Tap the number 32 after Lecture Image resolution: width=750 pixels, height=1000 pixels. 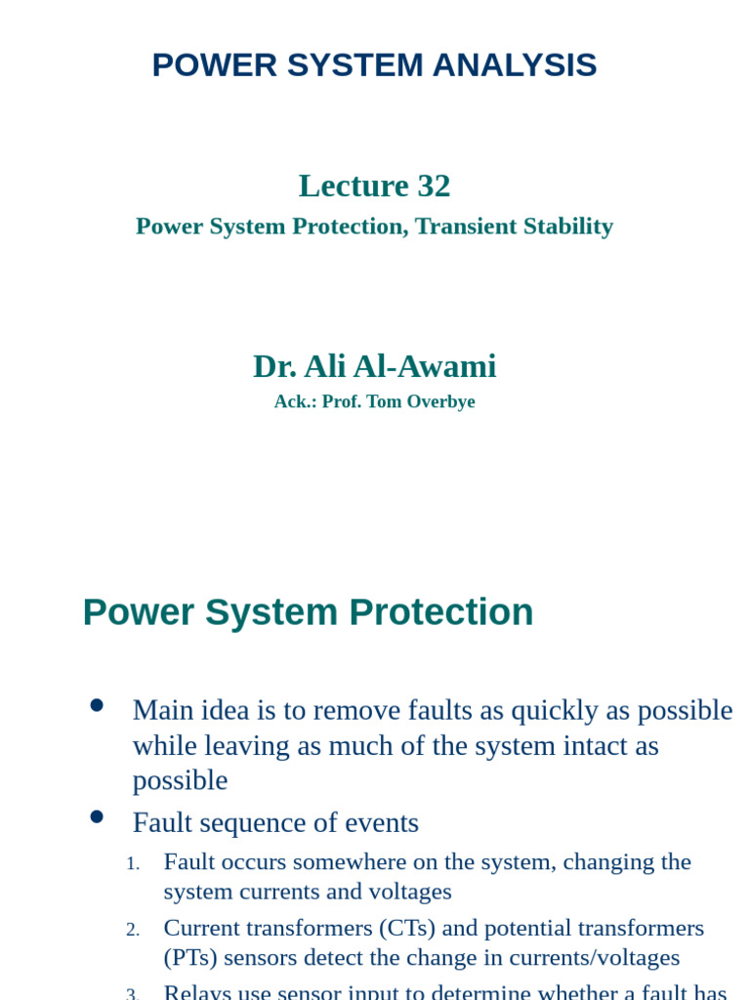434,186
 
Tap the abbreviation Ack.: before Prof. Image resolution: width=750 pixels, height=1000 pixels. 295,402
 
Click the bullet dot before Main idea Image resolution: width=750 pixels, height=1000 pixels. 97,705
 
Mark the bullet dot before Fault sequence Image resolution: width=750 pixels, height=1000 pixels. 97,817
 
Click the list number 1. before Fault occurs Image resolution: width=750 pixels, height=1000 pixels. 133,863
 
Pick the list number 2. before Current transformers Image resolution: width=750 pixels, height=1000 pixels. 133,930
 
